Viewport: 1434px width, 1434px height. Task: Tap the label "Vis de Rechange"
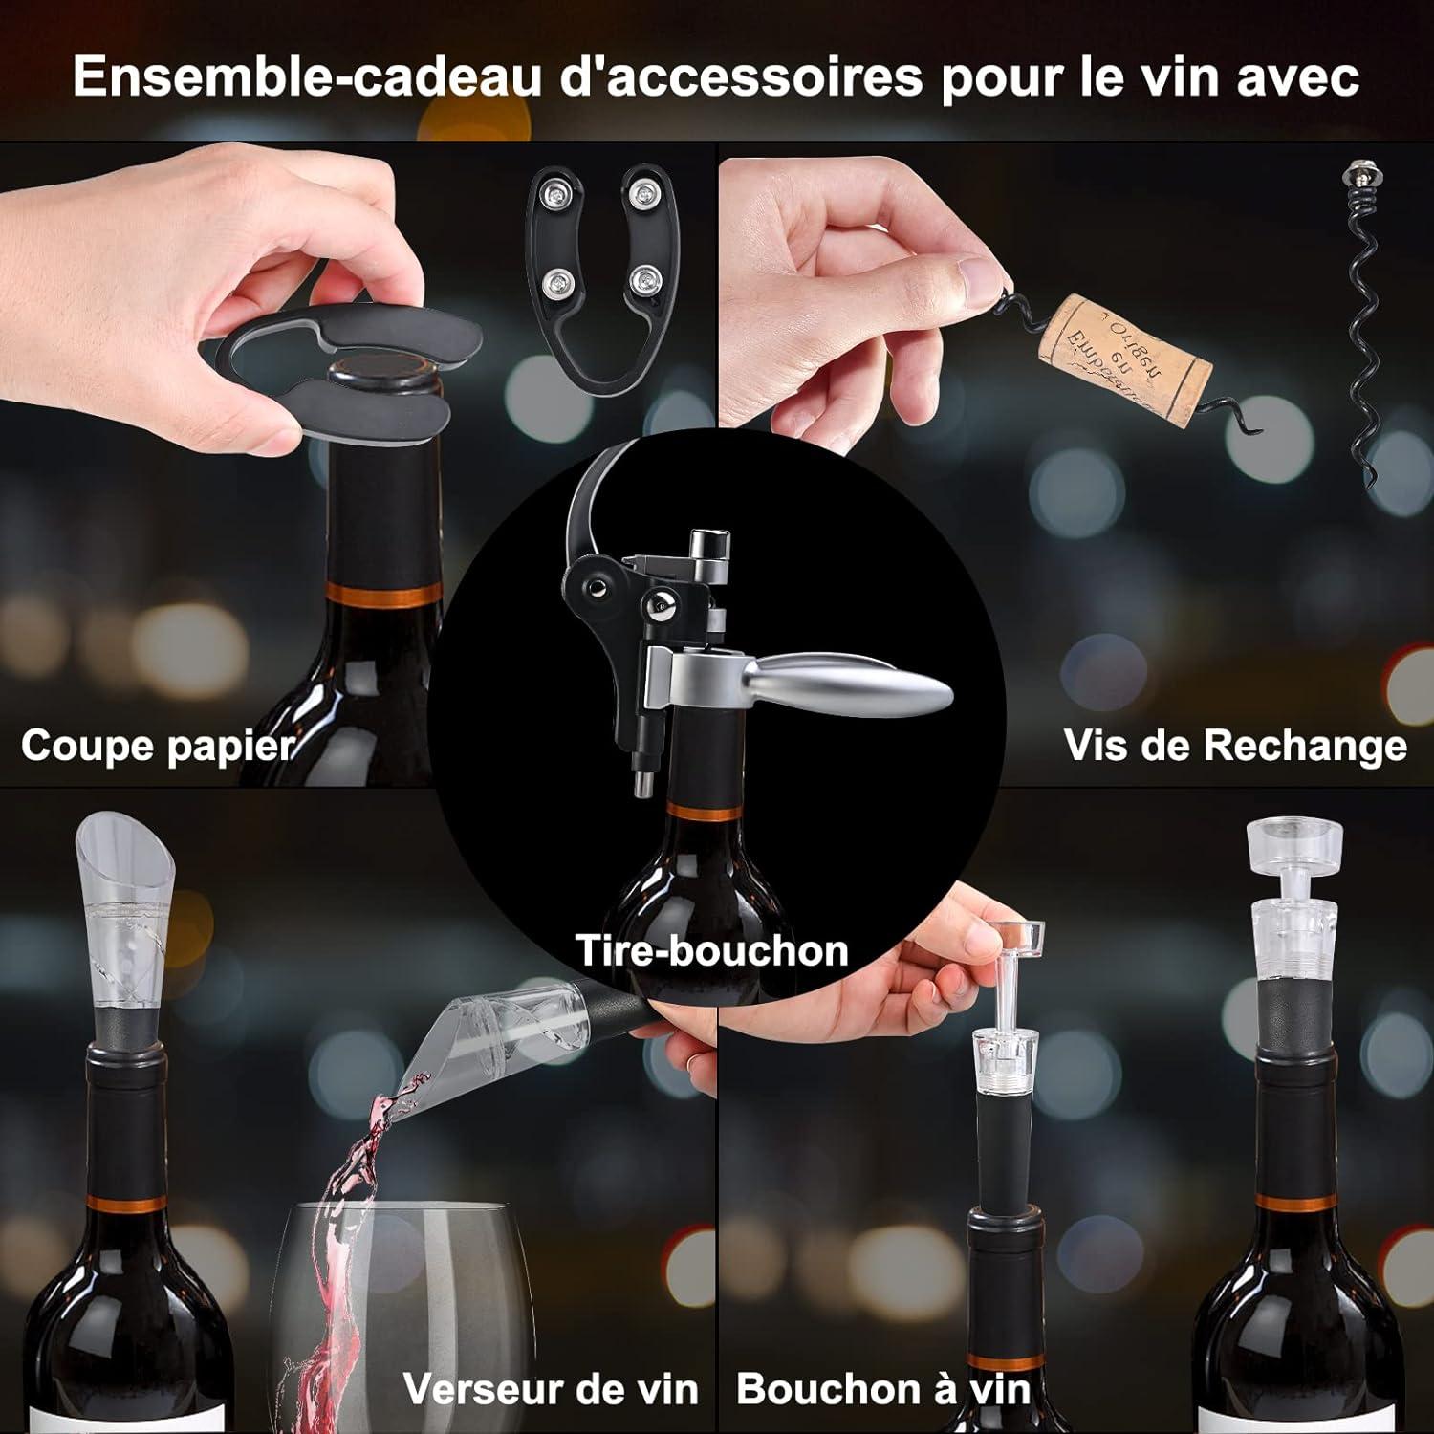click(x=1235, y=746)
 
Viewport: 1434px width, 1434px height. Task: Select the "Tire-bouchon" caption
click(x=712, y=951)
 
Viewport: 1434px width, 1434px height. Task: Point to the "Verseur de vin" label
click(x=551, y=1389)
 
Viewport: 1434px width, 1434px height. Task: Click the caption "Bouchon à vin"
click(x=884, y=1389)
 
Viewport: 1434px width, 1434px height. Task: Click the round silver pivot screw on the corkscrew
click(x=660, y=603)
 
